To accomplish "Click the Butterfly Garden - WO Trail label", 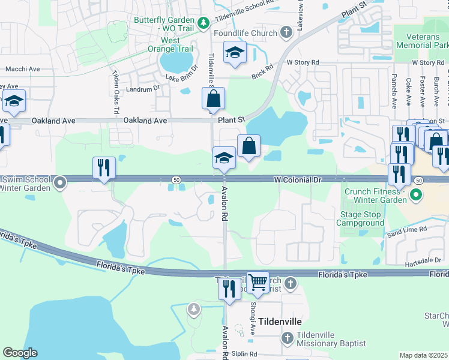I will click(x=164, y=24).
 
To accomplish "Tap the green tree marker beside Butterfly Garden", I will click(x=203, y=23).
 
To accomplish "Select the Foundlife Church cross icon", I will click(x=286, y=32).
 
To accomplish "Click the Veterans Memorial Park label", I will click(x=424, y=41).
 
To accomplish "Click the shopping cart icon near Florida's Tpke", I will click(x=258, y=282).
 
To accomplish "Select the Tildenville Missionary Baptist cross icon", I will click(x=286, y=338).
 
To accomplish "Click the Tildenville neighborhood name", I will click(x=276, y=321).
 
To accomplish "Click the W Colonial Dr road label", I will click(x=298, y=179).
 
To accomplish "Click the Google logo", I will click(x=20, y=353).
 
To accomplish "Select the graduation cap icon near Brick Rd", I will click(x=234, y=53).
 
